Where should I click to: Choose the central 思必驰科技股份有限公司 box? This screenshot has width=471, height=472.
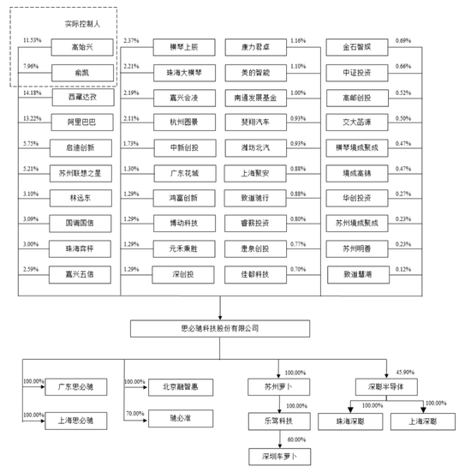tap(221, 327)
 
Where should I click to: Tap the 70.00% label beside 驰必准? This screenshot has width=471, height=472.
tap(134, 412)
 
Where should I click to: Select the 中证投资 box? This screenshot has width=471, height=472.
tap(360, 72)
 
